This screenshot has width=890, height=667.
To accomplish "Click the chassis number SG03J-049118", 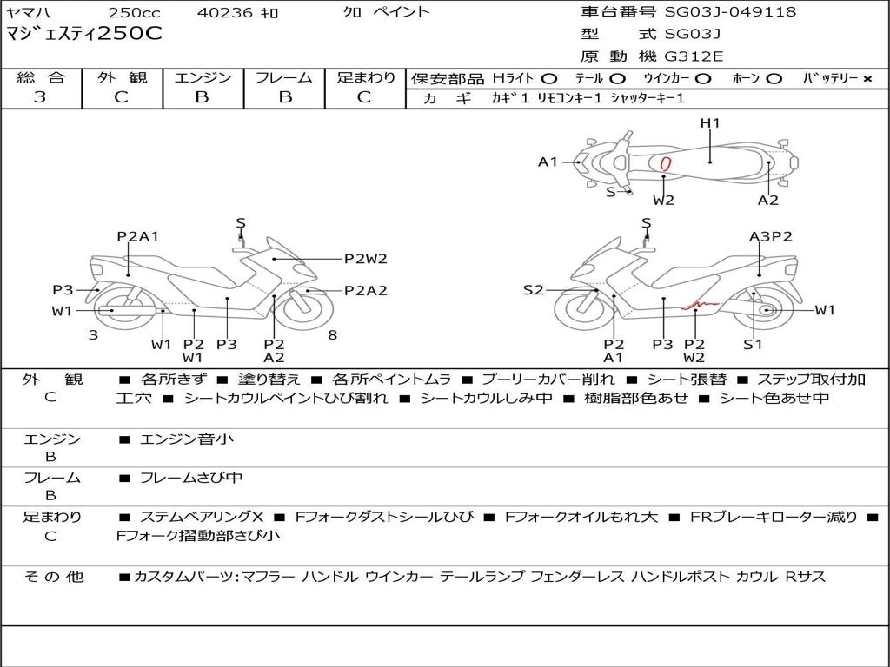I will pos(730,12).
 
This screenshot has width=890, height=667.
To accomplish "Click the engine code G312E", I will pos(694,56).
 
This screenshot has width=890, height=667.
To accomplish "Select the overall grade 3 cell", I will pos(40,97).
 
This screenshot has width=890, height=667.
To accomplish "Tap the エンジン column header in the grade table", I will pos(203,77).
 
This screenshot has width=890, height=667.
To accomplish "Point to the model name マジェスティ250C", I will pos(83,35).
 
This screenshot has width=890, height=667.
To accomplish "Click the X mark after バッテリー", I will pos(867,78).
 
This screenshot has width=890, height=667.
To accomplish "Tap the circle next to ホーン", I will pos(774,78).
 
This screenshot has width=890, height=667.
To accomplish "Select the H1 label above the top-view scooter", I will pos(710,123).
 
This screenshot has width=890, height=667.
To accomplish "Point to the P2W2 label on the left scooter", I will pos(365,258).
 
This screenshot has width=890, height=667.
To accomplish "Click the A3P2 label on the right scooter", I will pos(770,236).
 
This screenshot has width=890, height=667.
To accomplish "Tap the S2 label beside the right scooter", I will pos(533,290).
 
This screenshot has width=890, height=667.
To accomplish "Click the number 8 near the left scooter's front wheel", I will pos(332,334).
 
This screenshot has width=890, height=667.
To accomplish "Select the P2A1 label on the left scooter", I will pos(137,236).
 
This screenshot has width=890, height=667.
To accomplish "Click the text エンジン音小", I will pos(186,439).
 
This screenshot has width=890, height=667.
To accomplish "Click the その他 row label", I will pos(52,576).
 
